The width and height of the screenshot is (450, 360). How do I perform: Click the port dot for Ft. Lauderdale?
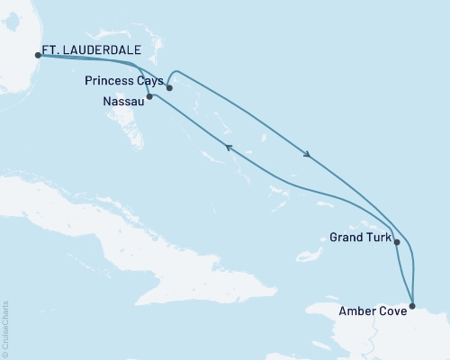37,55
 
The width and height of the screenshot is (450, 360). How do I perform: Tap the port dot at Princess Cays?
169,87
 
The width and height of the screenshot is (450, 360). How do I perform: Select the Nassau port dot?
149,95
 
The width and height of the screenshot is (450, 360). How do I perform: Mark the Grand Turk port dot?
397,242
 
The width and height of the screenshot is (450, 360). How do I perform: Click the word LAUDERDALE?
91,51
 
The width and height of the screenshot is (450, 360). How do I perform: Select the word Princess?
112,81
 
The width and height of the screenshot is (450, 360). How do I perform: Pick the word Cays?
149,81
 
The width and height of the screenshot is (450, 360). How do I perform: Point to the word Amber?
360,311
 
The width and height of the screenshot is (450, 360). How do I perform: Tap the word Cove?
394,311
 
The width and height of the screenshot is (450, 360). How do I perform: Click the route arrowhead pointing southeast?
309,156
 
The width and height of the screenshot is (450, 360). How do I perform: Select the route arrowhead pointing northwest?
229,148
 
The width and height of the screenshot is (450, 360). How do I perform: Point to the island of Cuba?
135,225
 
